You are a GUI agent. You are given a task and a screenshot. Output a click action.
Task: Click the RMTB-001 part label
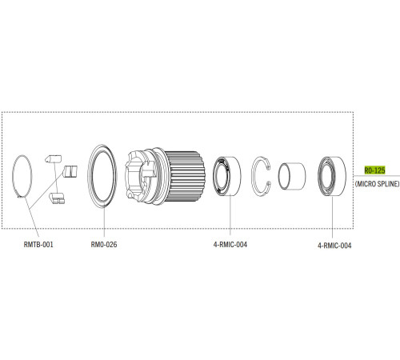click(x=38, y=245)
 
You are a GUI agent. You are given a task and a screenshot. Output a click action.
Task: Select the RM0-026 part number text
click(x=104, y=245)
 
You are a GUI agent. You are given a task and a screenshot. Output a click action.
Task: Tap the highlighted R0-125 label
click(x=374, y=170)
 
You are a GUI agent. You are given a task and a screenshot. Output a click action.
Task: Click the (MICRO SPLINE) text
click(x=378, y=184)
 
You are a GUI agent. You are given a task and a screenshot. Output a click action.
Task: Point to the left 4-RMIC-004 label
click(x=230, y=245)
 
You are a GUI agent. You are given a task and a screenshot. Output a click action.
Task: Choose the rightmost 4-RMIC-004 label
click(x=334, y=246)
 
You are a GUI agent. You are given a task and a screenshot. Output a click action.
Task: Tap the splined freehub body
click(x=165, y=176)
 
